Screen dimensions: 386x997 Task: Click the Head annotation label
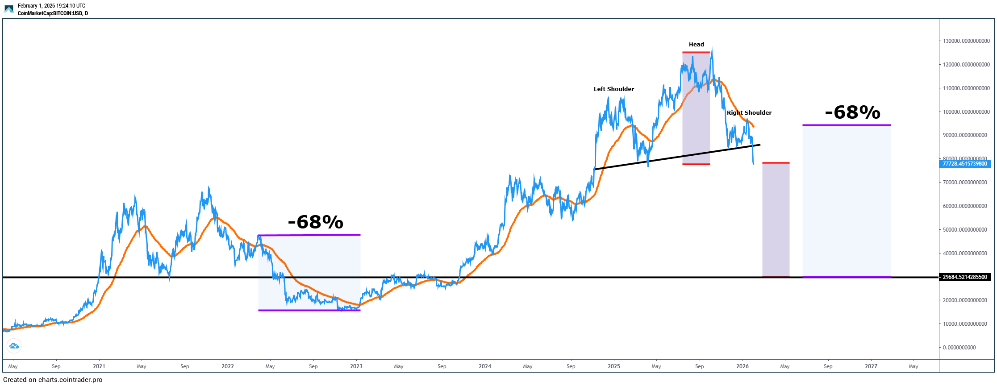[x=696, y=45]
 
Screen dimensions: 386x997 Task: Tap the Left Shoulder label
[x=613, y=89]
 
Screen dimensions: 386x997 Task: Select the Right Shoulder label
[x=749, y=113]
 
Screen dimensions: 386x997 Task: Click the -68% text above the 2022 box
[x=315, y=222]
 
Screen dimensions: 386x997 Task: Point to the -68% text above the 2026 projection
[x=852, y=112]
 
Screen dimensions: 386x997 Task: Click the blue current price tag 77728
[x=964, y=164]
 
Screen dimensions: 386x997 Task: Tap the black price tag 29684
[x=964, y=277]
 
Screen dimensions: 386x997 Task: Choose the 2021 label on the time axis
[x=99, y=366]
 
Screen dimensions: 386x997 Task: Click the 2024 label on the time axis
[x=484, y=366]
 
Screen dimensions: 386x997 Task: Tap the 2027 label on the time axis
[x=871, y=366]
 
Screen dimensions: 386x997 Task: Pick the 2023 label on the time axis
[x=356, y=366]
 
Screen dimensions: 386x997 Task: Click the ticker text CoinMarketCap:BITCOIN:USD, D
[x=53, y=13]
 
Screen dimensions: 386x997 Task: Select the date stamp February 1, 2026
[x=51, y=6]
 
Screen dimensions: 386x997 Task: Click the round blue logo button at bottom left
[x=14, y=346]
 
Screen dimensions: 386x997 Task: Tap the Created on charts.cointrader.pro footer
[x=53, y=380]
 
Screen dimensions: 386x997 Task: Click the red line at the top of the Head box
[x=696, y=53]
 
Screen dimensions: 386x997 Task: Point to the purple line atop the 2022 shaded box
[x=309, y=235]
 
